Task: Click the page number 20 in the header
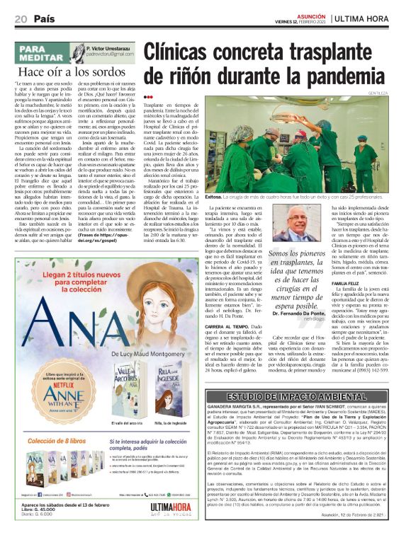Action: [20, 17]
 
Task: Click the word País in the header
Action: [43, 17]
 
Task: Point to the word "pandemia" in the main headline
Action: [353, 74]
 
